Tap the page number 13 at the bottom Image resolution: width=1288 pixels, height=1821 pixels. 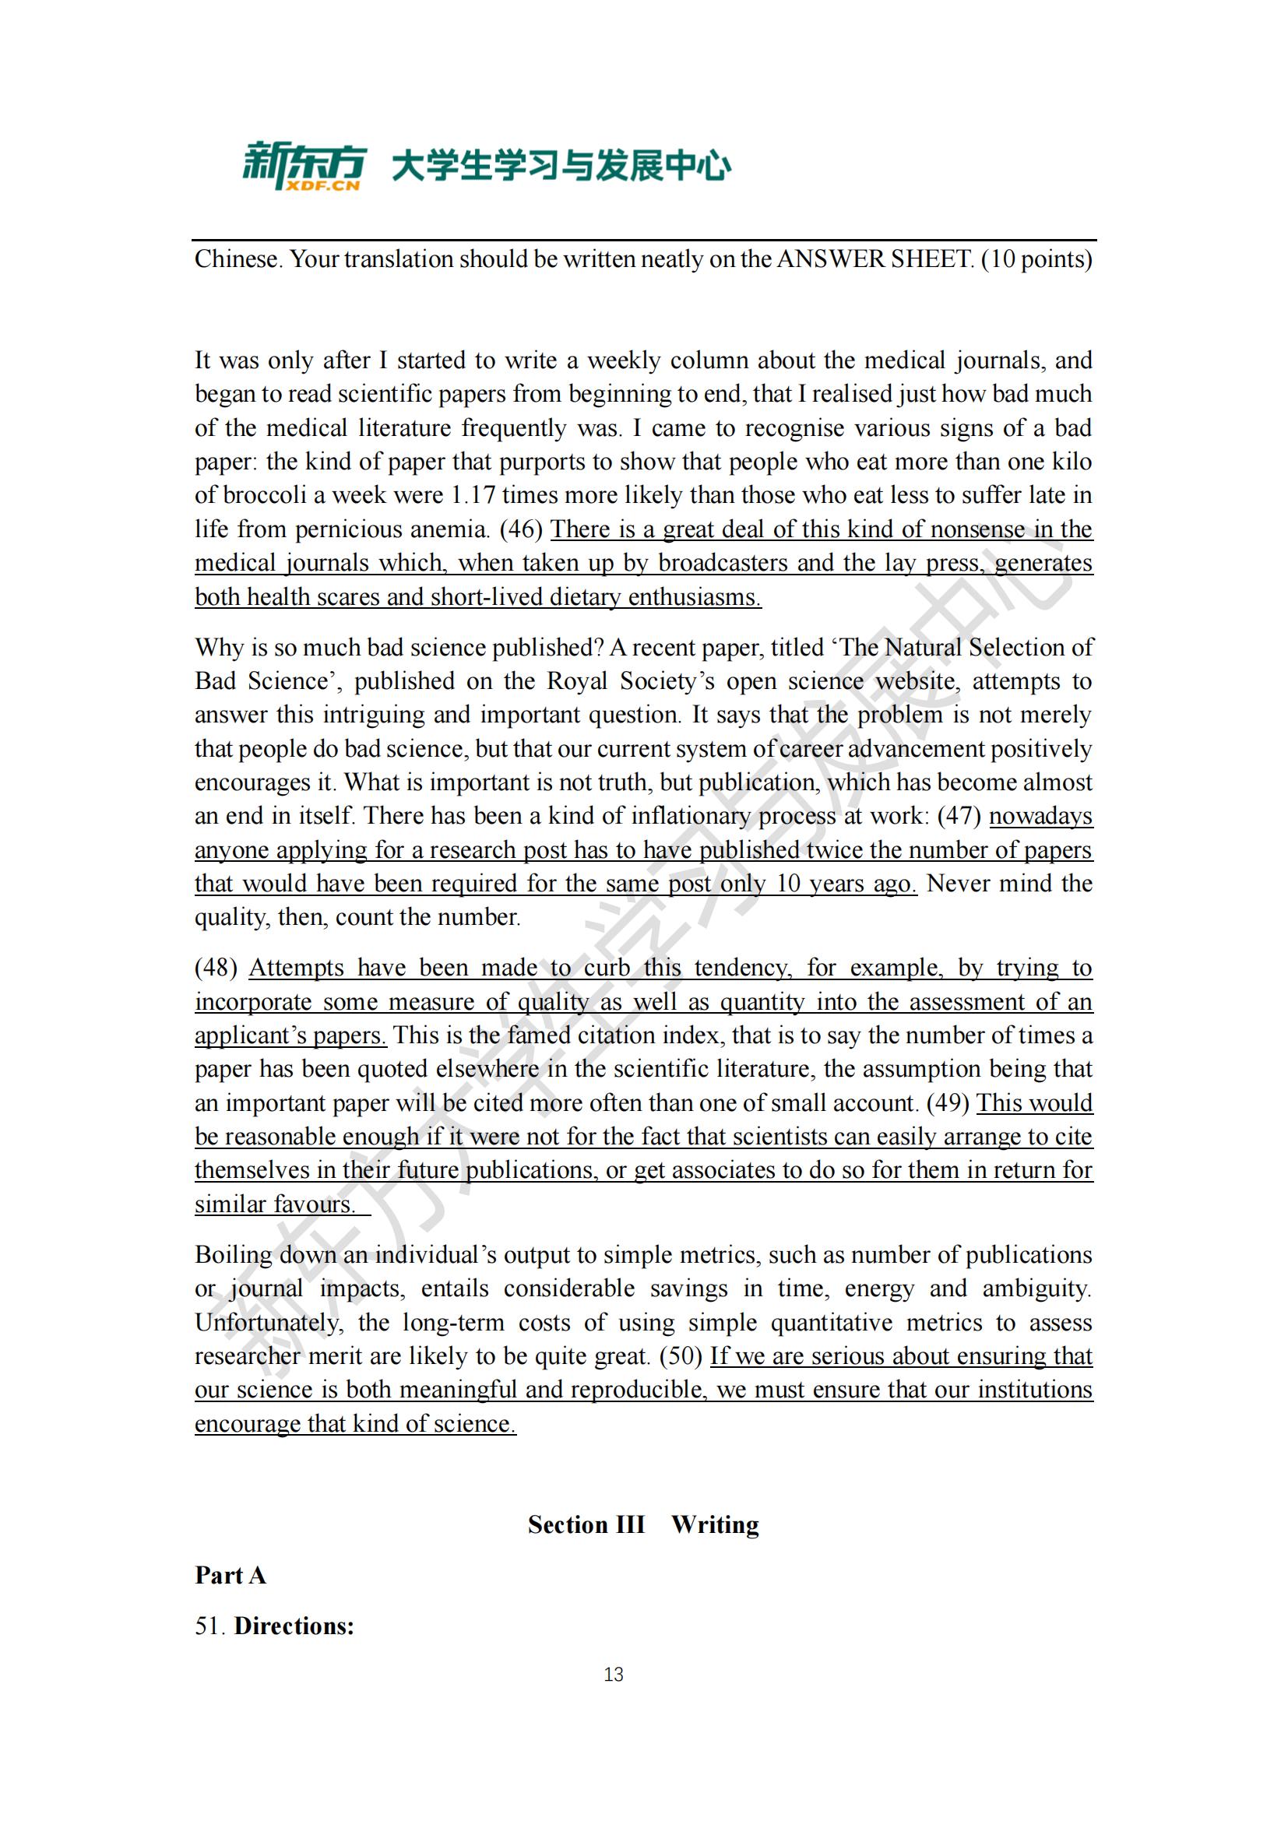[x=613, y=1675]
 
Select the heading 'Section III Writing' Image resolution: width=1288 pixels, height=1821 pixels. [x=643, y=1524]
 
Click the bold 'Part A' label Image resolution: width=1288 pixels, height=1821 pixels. [x=230, y=1575]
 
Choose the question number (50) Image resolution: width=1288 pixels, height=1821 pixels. [x=681, y=1356]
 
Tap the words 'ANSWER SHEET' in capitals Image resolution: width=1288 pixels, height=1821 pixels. [x=874, y=259]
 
